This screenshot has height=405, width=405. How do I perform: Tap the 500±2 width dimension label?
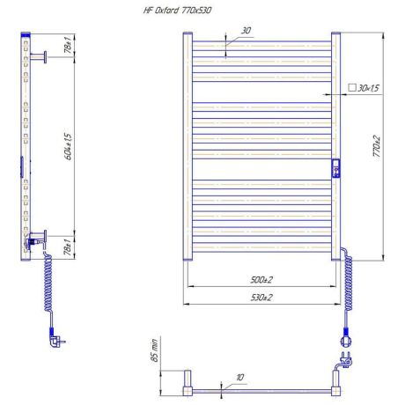(x=259, y=281)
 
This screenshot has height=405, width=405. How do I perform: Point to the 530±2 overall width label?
(x=259, y=298)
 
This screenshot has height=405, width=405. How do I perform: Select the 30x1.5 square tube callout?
(x=362, y=89)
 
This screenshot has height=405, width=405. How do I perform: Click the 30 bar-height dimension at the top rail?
(x=246, y=31)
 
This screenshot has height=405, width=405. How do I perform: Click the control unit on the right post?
(x=335, y=168)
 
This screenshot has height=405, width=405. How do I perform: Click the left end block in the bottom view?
(x=188, y=384)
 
